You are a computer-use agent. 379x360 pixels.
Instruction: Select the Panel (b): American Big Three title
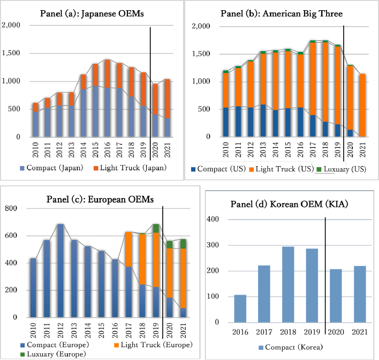(x=282, y=13)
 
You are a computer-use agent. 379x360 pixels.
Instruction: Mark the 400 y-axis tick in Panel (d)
(x=214, y=220)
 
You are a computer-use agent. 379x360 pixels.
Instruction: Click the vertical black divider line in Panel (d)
(x=325, y=268)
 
